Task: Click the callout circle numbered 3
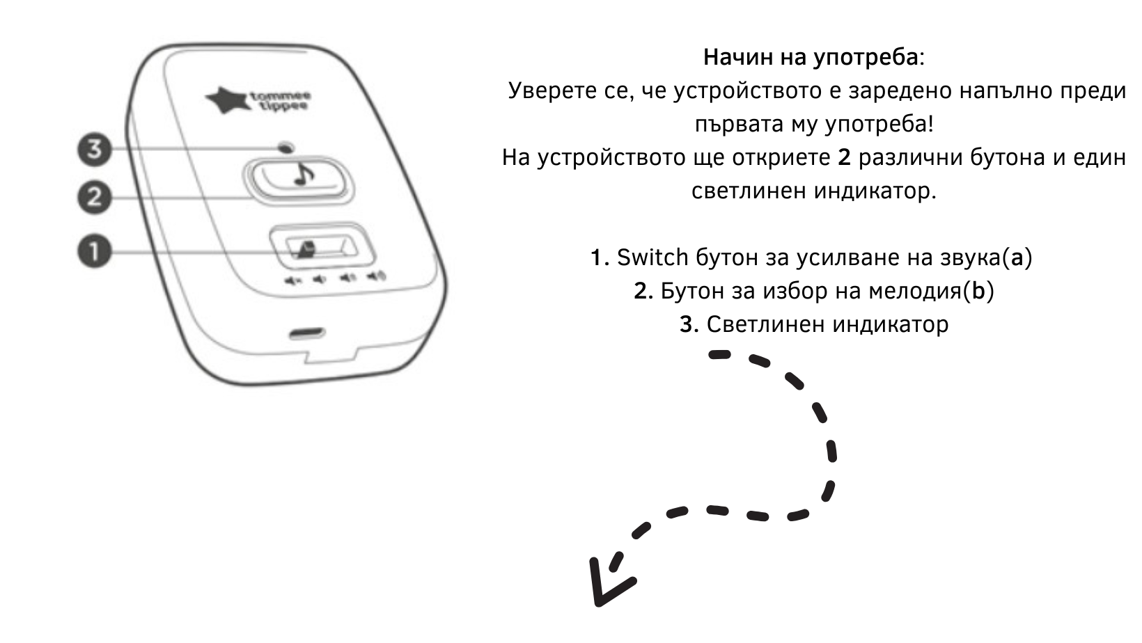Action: click(94, 148)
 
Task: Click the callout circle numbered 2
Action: click(94, 197)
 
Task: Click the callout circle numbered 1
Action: click(94, 251)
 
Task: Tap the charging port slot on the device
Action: click(307, 333)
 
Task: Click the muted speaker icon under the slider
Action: click(292, 281)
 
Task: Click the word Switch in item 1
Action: click(652, 257)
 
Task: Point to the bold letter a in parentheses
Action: click(1017, 257)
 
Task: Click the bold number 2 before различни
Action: click(844, 157)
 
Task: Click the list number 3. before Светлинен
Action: click(689, 324)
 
